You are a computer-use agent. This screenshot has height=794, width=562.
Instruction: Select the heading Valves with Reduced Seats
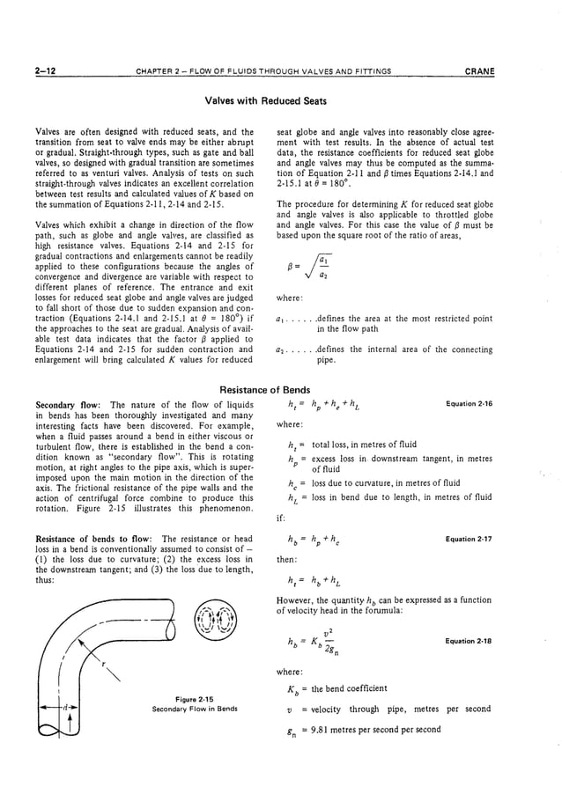tap(281, 101)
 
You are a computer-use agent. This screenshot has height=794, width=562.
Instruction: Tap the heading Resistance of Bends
tap(280, 389)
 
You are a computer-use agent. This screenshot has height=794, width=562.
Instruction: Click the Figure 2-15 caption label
tap(196, 699)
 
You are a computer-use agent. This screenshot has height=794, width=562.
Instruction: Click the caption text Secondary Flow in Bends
tap(196, 708)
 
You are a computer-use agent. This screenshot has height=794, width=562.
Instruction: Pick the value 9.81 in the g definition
tap(322, 729)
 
